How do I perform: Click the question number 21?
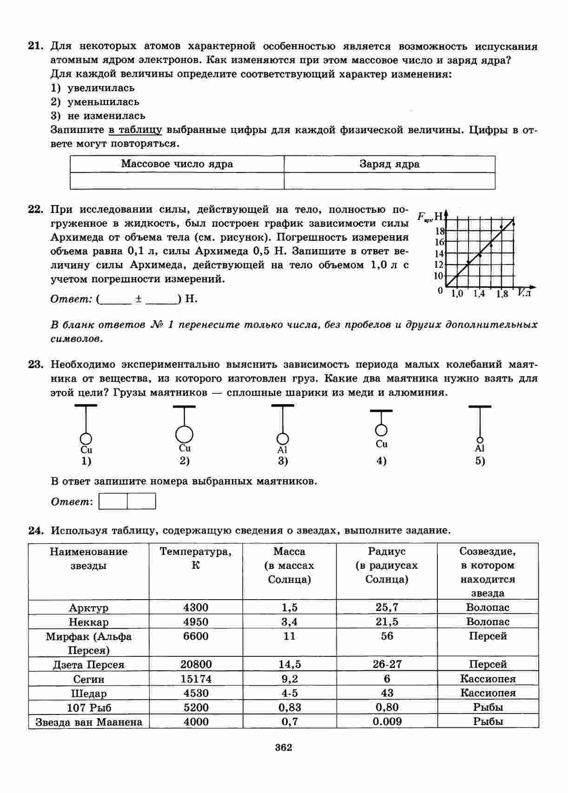pyautogui.click(x=35, y=46)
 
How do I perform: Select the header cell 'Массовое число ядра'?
pyautogui.click(x=177, y=164)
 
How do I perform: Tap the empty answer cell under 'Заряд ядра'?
pyautogui.click(x=390, y=181)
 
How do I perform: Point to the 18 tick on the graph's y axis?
pyautogui.click(x=440, y=231)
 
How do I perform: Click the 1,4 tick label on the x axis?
pyautogui.click(x=479, y=294)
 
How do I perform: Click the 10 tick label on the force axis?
pyautogui.click(x=439, y=276)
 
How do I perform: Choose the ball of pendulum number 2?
pyautogui.click(x=185, y=434)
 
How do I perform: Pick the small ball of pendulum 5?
pyautogui.click(x=480, y=440)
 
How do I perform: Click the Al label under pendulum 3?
pyautogui.click(x=283, y=450)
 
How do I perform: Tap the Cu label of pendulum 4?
pyautogui.click(x=382, y=444)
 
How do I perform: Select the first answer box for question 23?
pyautogui.click(x=113, y=502)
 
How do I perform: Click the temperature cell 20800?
pyautogui.click(x=196, y=664)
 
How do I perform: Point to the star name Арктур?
pyautogui.click(x=89, y=608)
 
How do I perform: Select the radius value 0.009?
pyautogui.click(x=387, y=721)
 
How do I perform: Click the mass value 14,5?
pyautogui.click(x=290, y=664)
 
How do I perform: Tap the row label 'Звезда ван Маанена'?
pyautogui.click(x=89, y=722)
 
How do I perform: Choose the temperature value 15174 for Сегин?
pyautogui.click(x=196, y=679)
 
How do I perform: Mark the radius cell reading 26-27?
pyautogui.click(x=387, y=664)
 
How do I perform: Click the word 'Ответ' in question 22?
pyautogui.click(x=71, y=299)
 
